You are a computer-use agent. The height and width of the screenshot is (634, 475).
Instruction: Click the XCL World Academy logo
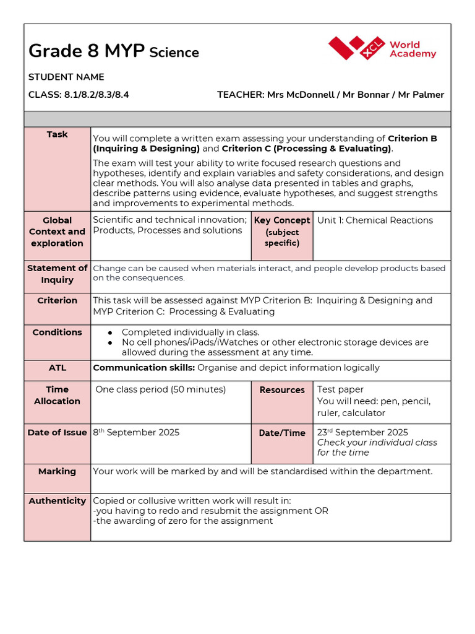(382, 48)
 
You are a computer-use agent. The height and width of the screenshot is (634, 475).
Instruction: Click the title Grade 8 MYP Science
(114, 51)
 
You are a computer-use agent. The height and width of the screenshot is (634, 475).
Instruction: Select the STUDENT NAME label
(66, 77)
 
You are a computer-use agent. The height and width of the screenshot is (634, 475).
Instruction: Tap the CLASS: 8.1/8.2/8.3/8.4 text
(79, 95)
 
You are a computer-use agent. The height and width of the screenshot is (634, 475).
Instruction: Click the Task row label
(57, 134)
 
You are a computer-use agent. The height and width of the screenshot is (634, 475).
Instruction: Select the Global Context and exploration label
(57, 232)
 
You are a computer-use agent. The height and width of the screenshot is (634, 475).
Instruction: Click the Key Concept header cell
(282, 232)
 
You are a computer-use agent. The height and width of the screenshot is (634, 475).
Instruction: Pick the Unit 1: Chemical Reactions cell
(375, 220)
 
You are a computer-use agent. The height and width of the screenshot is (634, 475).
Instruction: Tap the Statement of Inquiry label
(57, 274)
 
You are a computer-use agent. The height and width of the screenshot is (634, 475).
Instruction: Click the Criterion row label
(57, 300)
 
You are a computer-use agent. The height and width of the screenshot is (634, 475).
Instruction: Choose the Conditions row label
(57, 332)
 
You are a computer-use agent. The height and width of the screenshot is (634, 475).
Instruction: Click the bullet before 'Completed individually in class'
(110, 332)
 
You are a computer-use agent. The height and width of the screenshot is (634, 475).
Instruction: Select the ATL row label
(57, 368)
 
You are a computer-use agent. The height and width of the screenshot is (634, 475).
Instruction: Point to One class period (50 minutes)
(161, 389)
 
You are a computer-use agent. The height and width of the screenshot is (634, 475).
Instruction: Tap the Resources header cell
(282, 390)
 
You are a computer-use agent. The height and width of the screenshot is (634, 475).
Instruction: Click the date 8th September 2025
(136, 432)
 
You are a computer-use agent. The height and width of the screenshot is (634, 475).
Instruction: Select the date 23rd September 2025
(362, 432)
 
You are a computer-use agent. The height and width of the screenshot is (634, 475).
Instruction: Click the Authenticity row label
(57, 501)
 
